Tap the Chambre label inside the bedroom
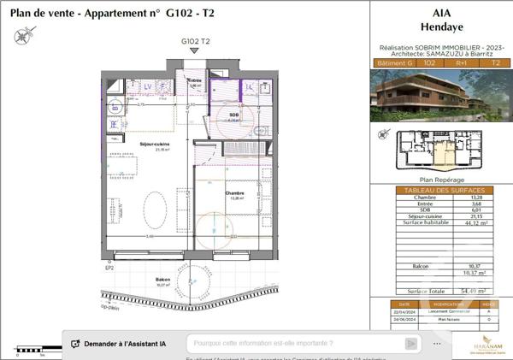coord(234,193)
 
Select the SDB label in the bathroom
coord(234,115)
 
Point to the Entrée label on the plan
coord(194,80)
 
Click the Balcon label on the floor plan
coord(162,280)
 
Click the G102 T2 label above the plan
coord(195,41)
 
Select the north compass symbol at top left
coord(21,35)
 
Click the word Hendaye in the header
coord(442,26)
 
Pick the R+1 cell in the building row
coord(462,63)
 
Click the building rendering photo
coord(442,94)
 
